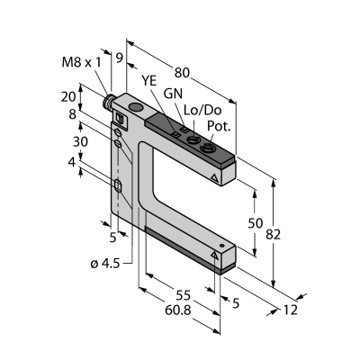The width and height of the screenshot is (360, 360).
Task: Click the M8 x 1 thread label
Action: [82, 62]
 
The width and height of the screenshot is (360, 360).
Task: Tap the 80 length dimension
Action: [182, 72]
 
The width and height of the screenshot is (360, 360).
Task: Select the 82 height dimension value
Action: [273, 234]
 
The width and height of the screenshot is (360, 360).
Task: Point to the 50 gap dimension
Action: [256, 223]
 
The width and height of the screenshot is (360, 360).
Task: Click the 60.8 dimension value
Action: [178, 310]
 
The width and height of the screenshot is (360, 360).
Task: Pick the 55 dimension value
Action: [183, 295]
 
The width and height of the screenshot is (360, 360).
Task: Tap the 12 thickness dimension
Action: [290, 310]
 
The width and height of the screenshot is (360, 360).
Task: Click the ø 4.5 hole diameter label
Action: [105, 264]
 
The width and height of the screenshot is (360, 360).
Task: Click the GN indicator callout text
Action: [173, 94]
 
